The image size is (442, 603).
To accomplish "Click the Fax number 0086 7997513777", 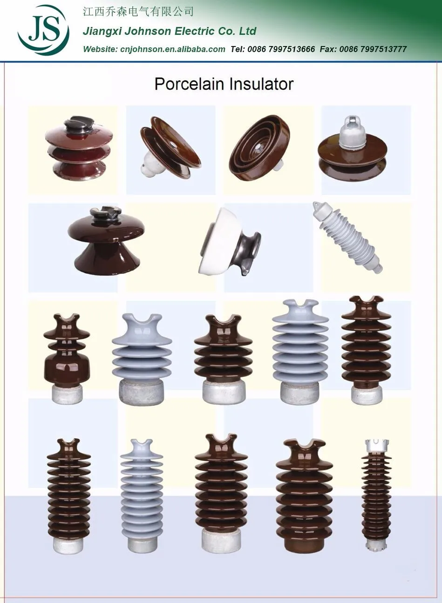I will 373,49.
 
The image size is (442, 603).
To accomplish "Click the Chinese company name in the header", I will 138,12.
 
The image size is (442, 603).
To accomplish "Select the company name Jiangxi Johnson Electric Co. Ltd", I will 170,32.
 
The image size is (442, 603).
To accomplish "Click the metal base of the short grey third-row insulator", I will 142,391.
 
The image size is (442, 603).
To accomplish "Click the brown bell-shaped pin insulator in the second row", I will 106,240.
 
